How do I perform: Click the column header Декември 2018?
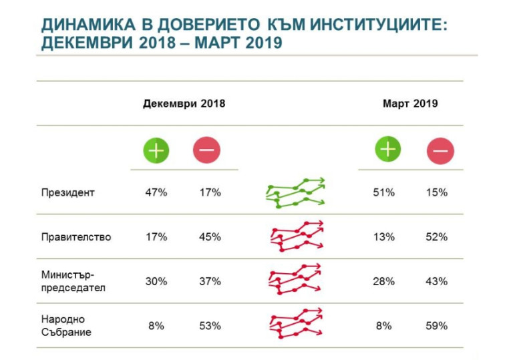tap(184, 104)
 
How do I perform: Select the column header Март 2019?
tap(410, 104)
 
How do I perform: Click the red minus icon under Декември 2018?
tap(206, 150)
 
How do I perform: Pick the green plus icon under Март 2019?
tap(387, 149)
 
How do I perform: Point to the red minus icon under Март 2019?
tap(440, 152)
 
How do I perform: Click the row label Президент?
tap(68, 192)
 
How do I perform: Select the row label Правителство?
tap(75, 237)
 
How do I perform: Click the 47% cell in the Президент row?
tap(156, 192)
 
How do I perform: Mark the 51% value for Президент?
tap(384, 192)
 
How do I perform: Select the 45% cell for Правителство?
tap(210, 237)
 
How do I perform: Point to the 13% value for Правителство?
tap(384, 237)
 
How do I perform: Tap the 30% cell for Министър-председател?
tap(156, 281)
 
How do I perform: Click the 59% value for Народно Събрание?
tap(437, 326)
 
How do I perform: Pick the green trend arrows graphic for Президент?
tap(295, 193)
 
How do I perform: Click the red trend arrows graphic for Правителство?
tap(296, 236)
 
